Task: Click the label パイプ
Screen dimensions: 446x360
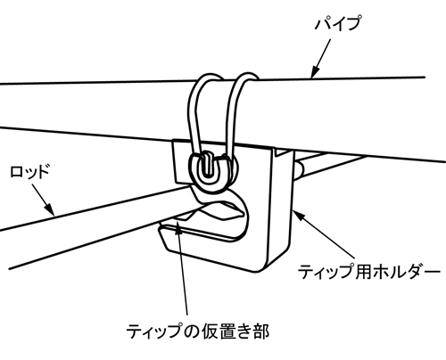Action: (x=338, y=24)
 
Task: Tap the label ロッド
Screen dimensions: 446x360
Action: (x=29, y=171)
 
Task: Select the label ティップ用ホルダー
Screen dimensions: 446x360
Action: (x=369, y=272)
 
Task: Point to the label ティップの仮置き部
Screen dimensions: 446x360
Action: (x=198, y=331)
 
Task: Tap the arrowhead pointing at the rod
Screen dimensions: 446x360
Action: (x=50, y=209)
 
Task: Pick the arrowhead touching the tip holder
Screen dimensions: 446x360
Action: (x=298, y=215)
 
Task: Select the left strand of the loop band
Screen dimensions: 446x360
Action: (x=194, y=113)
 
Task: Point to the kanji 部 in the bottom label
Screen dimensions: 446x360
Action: (x=260, y=331)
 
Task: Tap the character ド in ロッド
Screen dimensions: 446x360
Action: (x=42, y=171)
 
